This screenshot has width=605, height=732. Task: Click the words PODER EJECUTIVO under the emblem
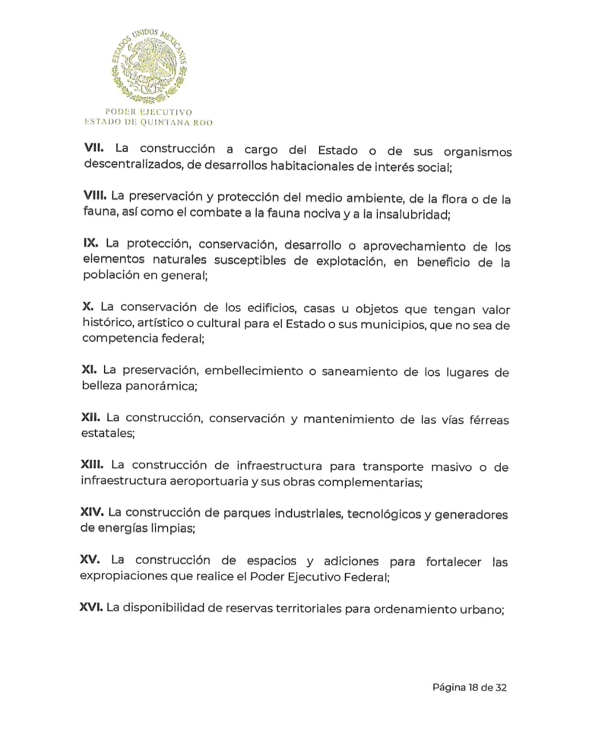pyautogui.click(x=149, y=112)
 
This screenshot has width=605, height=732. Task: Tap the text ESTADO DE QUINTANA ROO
pyautogui.click(x=149, y=122)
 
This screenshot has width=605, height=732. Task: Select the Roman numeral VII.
pyautogui.click(x=94, y=147)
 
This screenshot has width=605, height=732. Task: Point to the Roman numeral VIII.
pyautogui.click(x=95, y=195)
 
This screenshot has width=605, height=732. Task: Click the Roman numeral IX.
pyautogui.click(x=90, y=243)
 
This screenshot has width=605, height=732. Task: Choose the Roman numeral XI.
pyautogui.click(x=89, y=370)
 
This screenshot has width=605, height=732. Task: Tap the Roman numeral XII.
pyautogui.click(x=91, y=417)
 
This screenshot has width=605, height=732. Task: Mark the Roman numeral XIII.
pyautogui.click(x=93, y=465)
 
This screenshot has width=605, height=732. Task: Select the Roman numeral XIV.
pyautogui.click(x=92, y=511)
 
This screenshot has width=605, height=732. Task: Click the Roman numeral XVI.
pyautogui.click(x=91, y=607)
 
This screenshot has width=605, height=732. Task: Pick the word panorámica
pyautogui.click(x=161, y=386)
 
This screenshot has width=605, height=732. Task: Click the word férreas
pyautogui.click(x=489, y=420)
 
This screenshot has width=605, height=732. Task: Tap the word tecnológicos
pyautogui.click(x=384, y=514)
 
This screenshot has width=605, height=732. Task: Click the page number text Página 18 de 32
pyautogui.click(x=469, y=687)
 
